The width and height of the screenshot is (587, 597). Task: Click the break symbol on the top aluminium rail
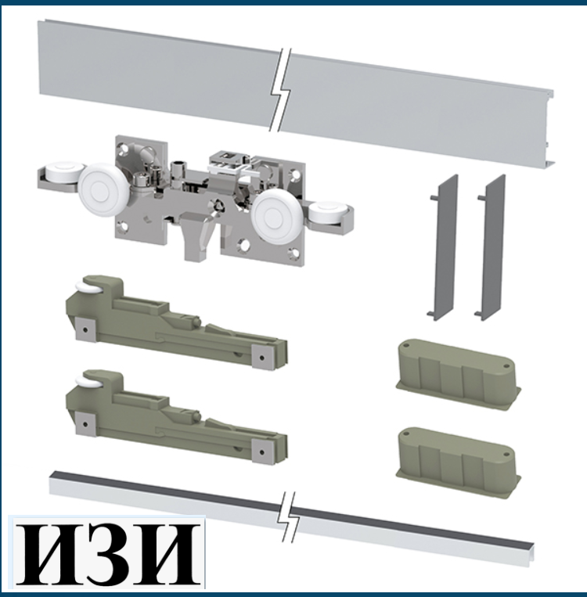pyautogui.click(x=281, y=90)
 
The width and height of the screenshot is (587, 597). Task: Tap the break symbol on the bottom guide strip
pyautogui.click(x=290, y=516)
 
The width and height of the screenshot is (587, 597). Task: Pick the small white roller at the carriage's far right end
pyautogui.click(x=327, y=212)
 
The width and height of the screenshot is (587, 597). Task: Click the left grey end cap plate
pyautogui.click(x=444, y=247)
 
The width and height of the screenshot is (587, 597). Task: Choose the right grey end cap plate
pyautogui.click(x=491, y=247)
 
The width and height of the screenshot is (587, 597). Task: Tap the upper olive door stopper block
pyautogui.click(x=458, y=375)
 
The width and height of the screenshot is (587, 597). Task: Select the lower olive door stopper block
pyautogui.click(x=458, y=463)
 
